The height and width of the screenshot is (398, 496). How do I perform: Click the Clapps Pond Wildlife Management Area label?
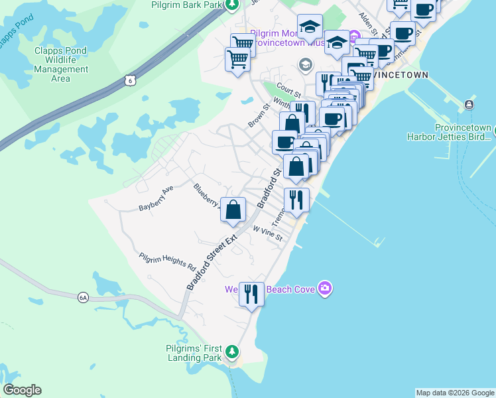pos(61,64)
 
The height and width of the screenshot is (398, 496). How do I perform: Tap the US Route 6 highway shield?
pos(130,80)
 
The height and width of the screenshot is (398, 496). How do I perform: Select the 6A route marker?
pos(83,298)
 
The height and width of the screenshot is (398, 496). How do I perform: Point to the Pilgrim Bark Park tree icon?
pos(231,5)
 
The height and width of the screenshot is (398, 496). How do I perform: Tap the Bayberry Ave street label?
pos(156,198)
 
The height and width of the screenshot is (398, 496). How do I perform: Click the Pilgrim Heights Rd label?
pos(168,263)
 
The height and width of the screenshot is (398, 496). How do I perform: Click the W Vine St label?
pos(268,233)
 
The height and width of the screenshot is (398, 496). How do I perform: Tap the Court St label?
pos(289,89)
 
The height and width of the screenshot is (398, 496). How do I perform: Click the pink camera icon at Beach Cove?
pos(325,288)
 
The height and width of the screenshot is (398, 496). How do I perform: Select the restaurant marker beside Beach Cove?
pos(251,293)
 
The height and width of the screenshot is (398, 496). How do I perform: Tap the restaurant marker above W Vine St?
pos(296,199)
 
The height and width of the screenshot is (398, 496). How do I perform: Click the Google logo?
pos(22,390)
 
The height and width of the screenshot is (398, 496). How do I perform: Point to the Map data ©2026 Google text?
pos(455,393)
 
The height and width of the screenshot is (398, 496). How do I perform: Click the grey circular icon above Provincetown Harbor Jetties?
pos(469,104)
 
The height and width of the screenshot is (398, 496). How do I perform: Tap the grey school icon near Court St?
pos(305,64)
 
